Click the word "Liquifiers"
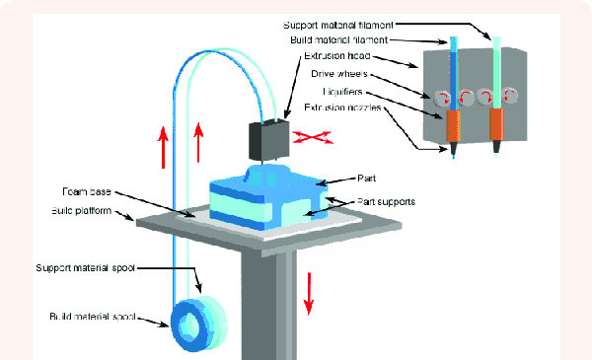coord(346,91)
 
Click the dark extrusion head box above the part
coord(266,141)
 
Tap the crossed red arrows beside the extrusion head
coord(315,139)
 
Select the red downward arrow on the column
coord(308,290)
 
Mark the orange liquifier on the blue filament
coord(453,125)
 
